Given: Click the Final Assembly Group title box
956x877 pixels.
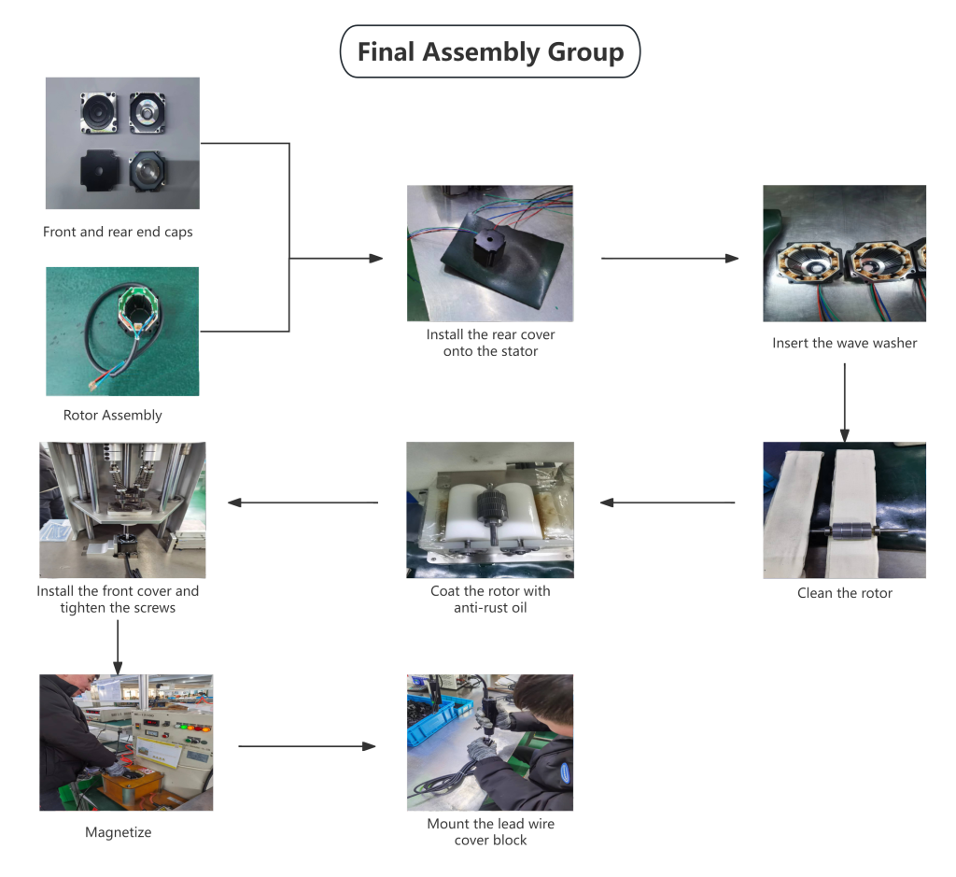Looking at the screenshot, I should coord(489,51).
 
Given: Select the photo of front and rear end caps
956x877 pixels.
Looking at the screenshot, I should coord(122,144).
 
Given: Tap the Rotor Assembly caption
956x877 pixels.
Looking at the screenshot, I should coord(113,415).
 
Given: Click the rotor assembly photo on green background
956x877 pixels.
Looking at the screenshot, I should coord(122,332).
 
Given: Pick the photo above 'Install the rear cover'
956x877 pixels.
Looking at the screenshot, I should coord(489,253).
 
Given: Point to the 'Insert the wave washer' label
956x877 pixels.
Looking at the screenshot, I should coord(844,343).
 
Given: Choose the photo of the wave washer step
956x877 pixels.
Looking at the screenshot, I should coord(844,253).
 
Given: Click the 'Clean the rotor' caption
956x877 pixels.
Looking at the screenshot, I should coord(844,593).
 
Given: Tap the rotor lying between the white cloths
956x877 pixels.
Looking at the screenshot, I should coord(845,533).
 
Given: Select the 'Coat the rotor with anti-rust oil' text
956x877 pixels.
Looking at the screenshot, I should coord(490,600).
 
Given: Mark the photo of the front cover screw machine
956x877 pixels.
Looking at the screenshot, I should coord(122,510).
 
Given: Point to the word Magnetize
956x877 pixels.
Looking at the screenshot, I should coord(119,832).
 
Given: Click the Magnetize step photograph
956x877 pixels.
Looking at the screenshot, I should coord(126,743).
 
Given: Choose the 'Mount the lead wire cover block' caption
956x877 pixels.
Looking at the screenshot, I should coord(490,831).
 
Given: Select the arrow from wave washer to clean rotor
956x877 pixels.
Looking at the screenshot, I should coord(844,400).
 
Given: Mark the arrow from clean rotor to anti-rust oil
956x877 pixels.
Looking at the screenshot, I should coord(668,502).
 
